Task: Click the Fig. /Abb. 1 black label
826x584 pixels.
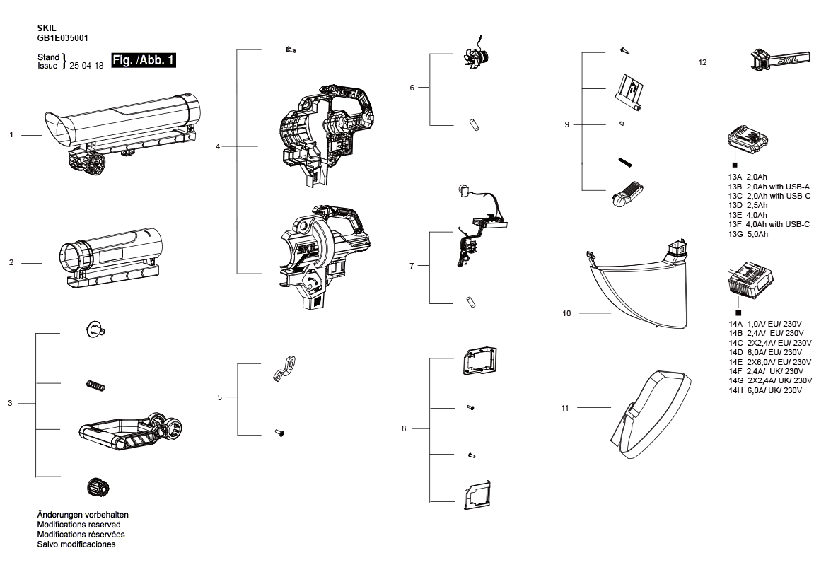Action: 144,61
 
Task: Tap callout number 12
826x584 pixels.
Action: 702,62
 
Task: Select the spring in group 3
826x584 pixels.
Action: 95,384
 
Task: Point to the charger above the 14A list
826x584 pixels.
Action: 749,282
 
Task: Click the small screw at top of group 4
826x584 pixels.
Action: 290,49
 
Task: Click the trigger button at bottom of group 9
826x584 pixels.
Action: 627,192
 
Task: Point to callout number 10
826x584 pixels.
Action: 566,313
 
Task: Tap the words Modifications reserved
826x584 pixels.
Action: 78,525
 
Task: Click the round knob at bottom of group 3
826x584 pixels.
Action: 97,487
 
